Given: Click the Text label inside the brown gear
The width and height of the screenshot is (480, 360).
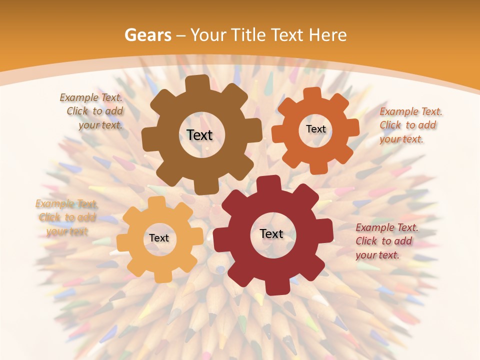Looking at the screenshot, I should pos(199,135).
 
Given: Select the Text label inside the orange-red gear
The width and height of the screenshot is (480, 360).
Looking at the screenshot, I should pos(315,129).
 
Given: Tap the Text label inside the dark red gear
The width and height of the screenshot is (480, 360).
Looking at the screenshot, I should pos(271,233).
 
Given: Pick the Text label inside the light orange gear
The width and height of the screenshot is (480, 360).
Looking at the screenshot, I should pos(158,238).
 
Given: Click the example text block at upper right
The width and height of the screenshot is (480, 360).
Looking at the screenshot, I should pos(410,125).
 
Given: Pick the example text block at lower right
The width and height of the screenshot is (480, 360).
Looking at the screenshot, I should pos(386,241).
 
